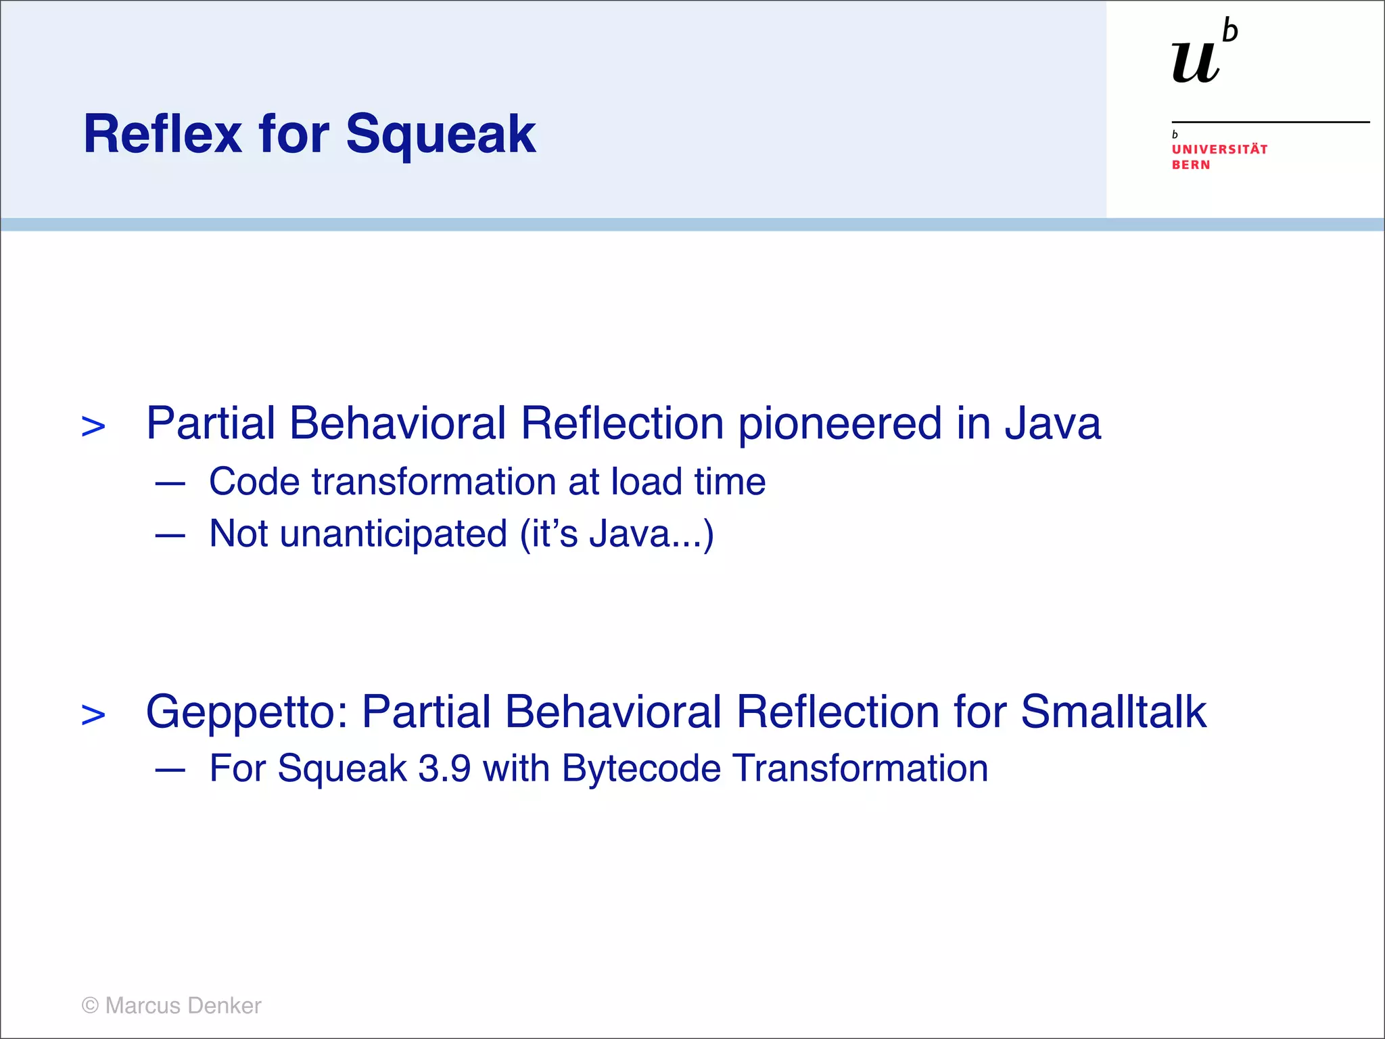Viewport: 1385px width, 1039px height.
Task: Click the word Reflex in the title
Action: coord(162,134)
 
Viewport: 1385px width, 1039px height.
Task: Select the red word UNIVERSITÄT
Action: coord(1219,149)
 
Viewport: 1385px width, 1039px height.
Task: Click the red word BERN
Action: coord(1190,165)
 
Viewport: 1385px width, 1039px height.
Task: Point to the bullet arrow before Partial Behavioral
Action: coord(93,427)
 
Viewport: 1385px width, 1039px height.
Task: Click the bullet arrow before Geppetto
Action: coord(93,715)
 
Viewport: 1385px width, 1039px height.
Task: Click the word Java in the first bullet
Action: coord(1052,423)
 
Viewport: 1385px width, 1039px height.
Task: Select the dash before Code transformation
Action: coord(170,484)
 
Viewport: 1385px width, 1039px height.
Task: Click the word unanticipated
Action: coord(393,534)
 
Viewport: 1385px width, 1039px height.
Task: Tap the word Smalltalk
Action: coord(1113,712)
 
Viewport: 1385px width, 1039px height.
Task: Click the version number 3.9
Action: coord(444,769)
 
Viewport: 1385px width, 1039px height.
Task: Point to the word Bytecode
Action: coord(641,769)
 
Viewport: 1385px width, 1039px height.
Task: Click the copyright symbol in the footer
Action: coord(90,1006)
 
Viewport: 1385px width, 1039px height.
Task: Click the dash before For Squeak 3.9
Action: coord(170,770)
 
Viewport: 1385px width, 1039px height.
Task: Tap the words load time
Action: coord(688,482)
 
